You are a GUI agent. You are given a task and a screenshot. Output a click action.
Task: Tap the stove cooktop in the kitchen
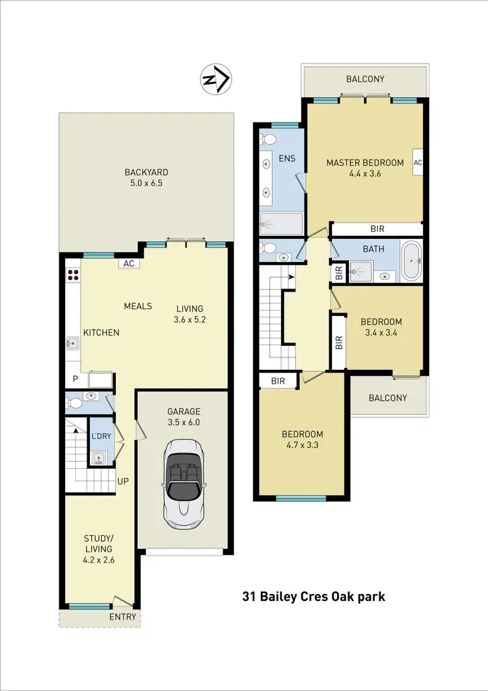coord(73,275)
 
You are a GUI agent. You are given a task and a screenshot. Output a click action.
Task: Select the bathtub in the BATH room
coord(411,261)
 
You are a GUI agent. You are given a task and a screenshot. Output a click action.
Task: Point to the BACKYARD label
coord(146,178)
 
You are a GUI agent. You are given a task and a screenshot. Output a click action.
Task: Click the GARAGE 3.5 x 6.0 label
coord(183,416)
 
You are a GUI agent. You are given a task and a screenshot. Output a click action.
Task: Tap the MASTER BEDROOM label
coord(365,168)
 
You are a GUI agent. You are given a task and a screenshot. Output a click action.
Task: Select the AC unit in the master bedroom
coord(418,163)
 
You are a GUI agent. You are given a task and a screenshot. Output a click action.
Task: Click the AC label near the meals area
coord(128,264)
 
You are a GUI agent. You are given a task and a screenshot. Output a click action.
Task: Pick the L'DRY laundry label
coord(100,435)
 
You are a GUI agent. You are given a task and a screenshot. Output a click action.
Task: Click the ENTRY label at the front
coord(123,617)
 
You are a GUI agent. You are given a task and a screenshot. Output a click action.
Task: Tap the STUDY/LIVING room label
coord(98,544)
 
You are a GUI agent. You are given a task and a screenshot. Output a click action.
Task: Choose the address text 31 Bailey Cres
coord(314,596)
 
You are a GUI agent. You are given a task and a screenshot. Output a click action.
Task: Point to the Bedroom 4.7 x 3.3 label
coord(302,440)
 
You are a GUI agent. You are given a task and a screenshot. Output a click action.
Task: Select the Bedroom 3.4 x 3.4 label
coord(381,327)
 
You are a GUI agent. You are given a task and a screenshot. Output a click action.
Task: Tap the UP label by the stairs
coord(122,483)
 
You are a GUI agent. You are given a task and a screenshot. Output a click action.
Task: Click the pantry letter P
coord(75,378)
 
